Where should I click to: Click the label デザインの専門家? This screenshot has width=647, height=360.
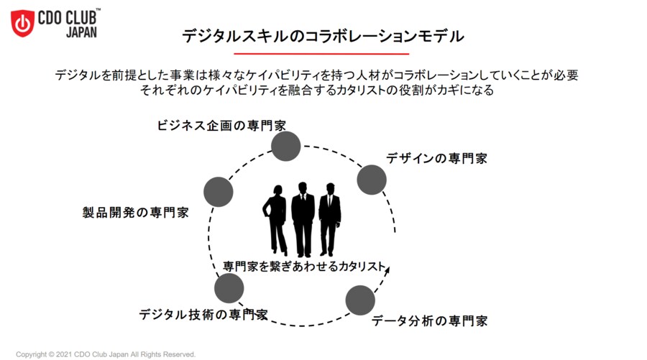(436, 158)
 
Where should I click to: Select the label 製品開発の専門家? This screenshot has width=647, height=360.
(135, 213)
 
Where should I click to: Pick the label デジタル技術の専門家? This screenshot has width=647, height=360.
(203, 315)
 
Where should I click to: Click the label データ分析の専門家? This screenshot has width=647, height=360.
(430, 320)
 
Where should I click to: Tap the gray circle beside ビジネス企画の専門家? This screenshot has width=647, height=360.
(285, 146)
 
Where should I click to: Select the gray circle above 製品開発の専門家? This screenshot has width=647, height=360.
(219, 192)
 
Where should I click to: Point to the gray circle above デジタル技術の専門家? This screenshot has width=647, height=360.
(229, 288)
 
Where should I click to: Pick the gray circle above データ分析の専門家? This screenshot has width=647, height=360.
(360, 300)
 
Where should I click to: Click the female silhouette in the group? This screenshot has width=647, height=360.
(276, 219)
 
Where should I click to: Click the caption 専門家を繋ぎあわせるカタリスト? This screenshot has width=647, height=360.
(304, 265)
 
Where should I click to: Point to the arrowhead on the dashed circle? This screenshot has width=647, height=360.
(388, 271)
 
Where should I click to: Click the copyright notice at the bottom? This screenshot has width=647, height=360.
(106, 354)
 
